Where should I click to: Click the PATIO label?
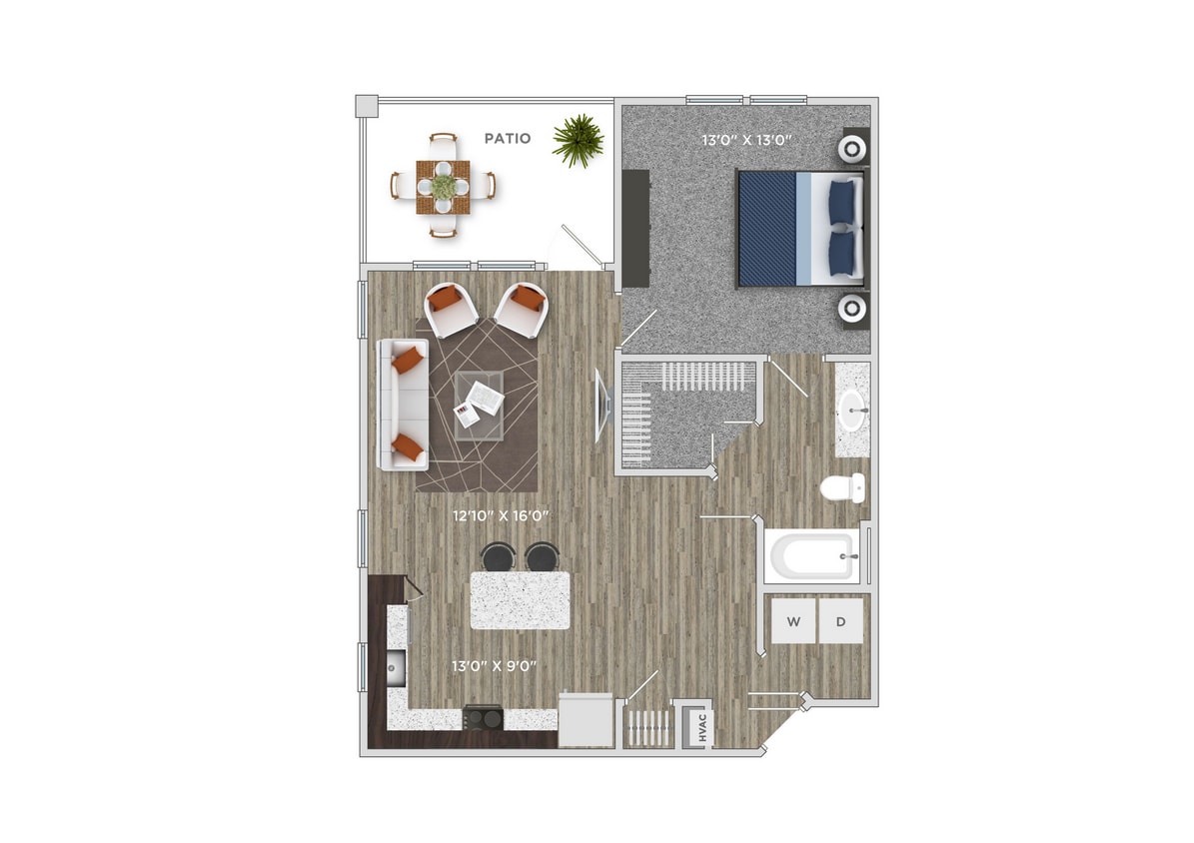[x=507, y=139]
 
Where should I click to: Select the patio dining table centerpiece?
[x=443, y=185]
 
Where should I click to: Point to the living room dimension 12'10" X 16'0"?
[x=502, y=516]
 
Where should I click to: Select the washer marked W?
[x=793, y=622]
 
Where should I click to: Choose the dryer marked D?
[x=841, y=622]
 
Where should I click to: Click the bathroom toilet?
[x=842, y=489]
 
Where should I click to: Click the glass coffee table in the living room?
[x=480, y=404]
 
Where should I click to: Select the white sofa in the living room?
[x=403, y=404]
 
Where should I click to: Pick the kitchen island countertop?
[x=520, y=599]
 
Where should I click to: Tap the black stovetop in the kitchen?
[x=483, y=717]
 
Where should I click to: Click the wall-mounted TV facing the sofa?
[x=601, y=405]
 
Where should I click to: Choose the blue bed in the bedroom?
[x=789, y=227]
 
